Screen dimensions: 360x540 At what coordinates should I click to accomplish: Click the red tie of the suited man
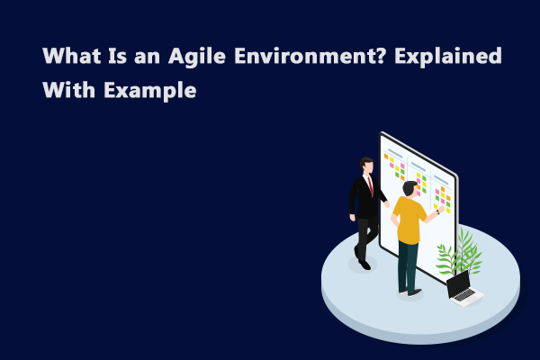(x=370, y=184)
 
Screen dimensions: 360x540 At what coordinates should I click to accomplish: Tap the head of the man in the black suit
(x=366, y=165)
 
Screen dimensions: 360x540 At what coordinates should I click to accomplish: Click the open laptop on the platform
(x=461, y=288)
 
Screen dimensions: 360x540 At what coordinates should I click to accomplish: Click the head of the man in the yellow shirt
(x=409, y=188)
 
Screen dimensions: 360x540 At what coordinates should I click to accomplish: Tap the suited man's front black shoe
(x=364, y=264)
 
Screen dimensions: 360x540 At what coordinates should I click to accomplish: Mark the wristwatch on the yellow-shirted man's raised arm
(x=437, y=213)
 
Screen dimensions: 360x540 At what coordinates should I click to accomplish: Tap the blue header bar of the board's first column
(x=394, y=150)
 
